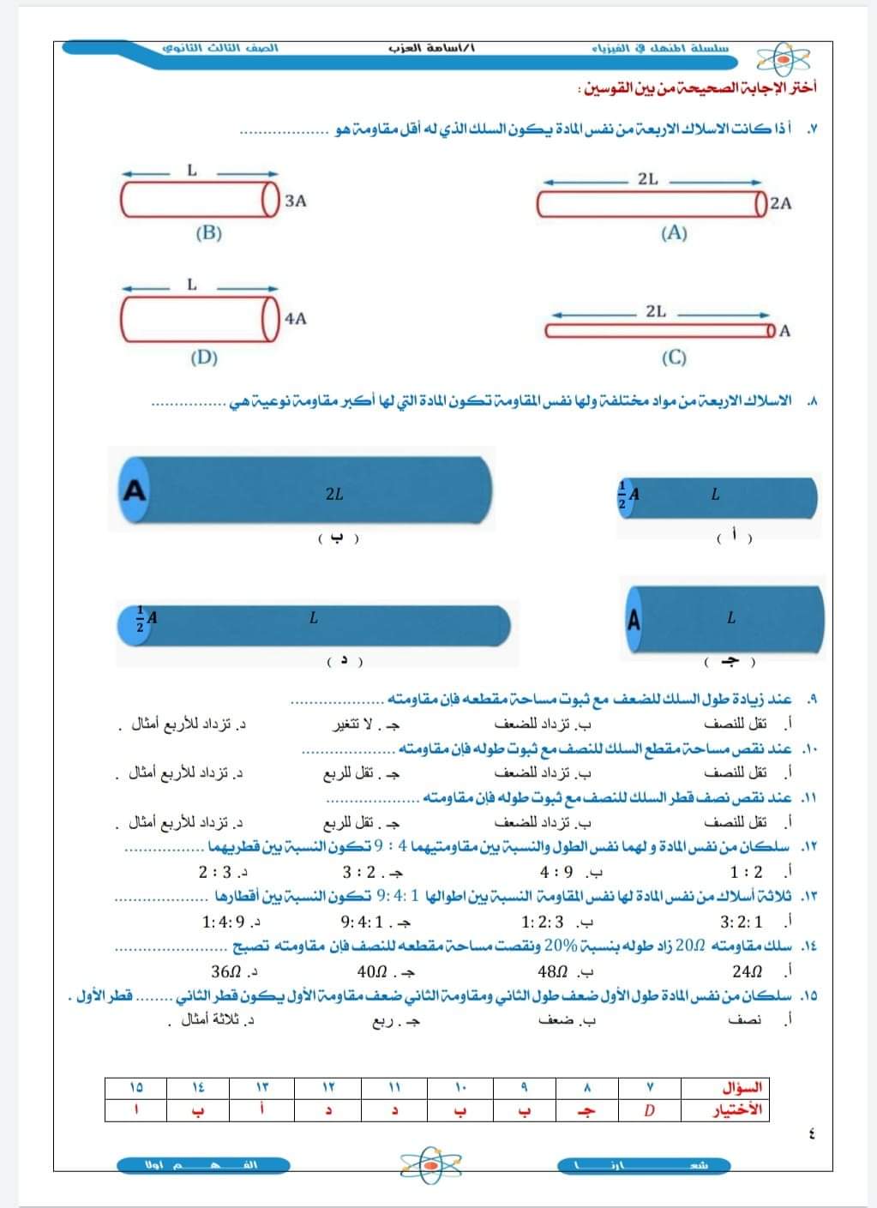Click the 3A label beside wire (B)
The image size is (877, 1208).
(x=296, y=201)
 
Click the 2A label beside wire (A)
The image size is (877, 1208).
(x=781, y=203)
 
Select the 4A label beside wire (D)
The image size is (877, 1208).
(x=295, y=318)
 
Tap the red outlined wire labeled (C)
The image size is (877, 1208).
(x=660, y=331)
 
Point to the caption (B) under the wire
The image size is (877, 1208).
(x=208, y=232)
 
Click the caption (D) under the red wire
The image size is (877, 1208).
(x=204, y=358)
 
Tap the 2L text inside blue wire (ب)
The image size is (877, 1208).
(x=334, y=494)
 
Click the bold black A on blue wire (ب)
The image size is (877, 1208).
(x=135, y=490)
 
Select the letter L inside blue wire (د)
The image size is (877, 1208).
(x=314, y=617)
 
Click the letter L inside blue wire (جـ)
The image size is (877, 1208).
(x=730, y=617)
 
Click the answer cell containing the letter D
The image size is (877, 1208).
(x=650, y=1110)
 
